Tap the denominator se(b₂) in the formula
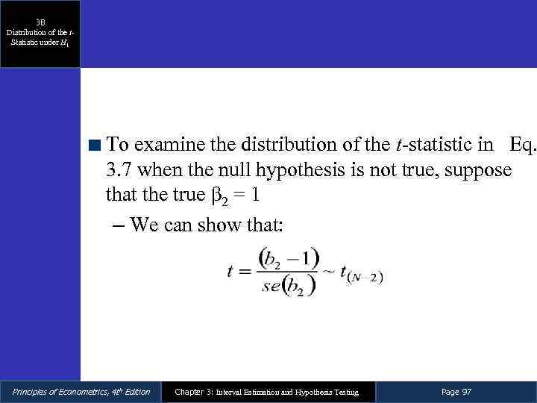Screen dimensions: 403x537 pyautogui.click(x=283, y=287)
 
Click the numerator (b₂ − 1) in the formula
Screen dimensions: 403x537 pyautogui.click(x=286, y=258)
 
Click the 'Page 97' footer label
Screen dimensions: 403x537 pyautogui.click(x=456, y=392)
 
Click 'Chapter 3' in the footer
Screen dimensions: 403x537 pyautogui.click(x=192, y=392)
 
